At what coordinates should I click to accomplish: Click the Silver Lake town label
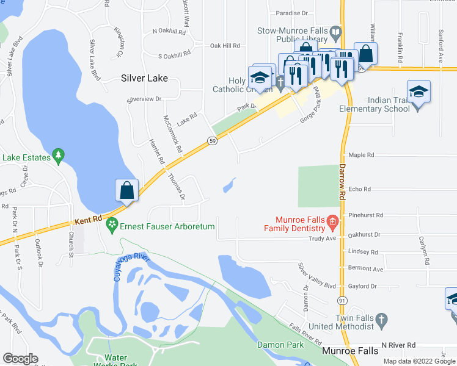pos(144,79)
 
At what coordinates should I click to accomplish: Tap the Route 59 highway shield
pos(212,141)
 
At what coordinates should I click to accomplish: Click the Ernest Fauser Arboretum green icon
pos(112,226)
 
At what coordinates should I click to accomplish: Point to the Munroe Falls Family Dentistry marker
pos(332,221)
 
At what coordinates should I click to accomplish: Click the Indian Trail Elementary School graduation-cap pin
pos(419,92)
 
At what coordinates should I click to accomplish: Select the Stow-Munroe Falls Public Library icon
pos(335,31)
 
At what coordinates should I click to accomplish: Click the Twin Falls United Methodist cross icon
pos(381,319)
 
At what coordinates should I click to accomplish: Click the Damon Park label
pos(280,345)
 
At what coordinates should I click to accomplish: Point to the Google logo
pos(20,359)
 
